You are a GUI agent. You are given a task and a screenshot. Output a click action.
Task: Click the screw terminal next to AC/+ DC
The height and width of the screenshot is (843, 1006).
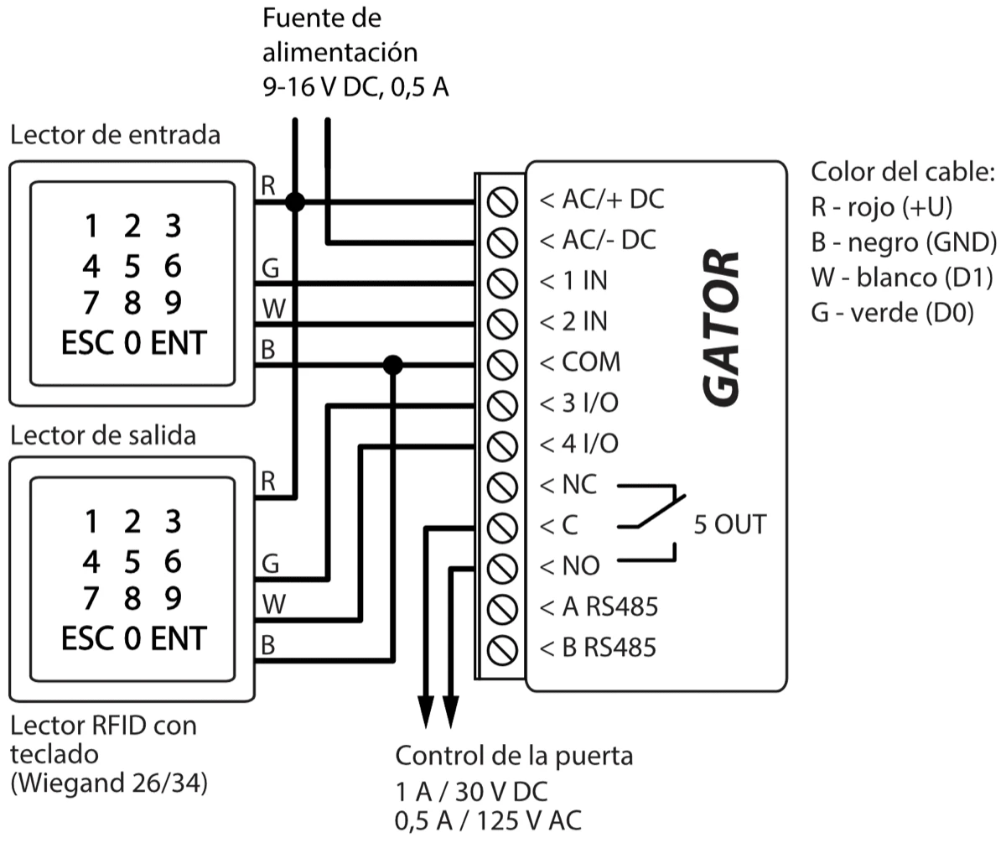[500, 201]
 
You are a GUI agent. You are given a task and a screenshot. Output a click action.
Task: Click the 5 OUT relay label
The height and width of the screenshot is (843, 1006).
[729, 525]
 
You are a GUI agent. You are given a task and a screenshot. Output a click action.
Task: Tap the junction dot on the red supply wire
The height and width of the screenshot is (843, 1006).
[294, 201]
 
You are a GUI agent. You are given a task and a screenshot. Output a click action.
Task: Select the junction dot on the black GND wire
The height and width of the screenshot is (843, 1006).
[392, 364]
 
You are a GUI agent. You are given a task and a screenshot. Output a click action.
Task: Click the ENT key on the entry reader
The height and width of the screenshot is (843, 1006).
[178, 344]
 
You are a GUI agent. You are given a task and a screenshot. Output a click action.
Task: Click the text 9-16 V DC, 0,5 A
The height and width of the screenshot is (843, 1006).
[355, 87]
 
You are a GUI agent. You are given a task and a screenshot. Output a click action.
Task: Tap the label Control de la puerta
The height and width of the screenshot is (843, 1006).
[514, 756]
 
